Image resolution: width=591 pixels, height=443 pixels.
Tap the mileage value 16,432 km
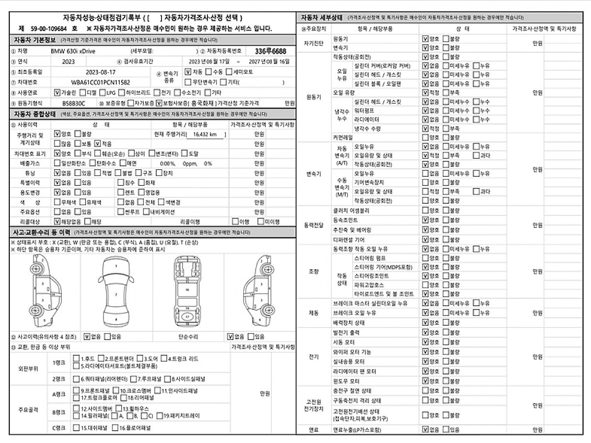(208, 134)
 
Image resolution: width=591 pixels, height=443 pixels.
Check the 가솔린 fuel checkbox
(57, 92)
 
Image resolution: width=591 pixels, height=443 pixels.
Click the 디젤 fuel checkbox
(82, 92)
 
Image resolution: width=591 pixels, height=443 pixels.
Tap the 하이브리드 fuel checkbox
(121, 92)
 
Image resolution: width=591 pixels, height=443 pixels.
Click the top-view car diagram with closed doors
(116, 293)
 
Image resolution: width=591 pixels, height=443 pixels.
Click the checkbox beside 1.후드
(76, 359)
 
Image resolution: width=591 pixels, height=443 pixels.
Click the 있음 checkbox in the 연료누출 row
(446, 430)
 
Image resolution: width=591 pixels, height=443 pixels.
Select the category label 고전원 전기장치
(314, 406)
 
